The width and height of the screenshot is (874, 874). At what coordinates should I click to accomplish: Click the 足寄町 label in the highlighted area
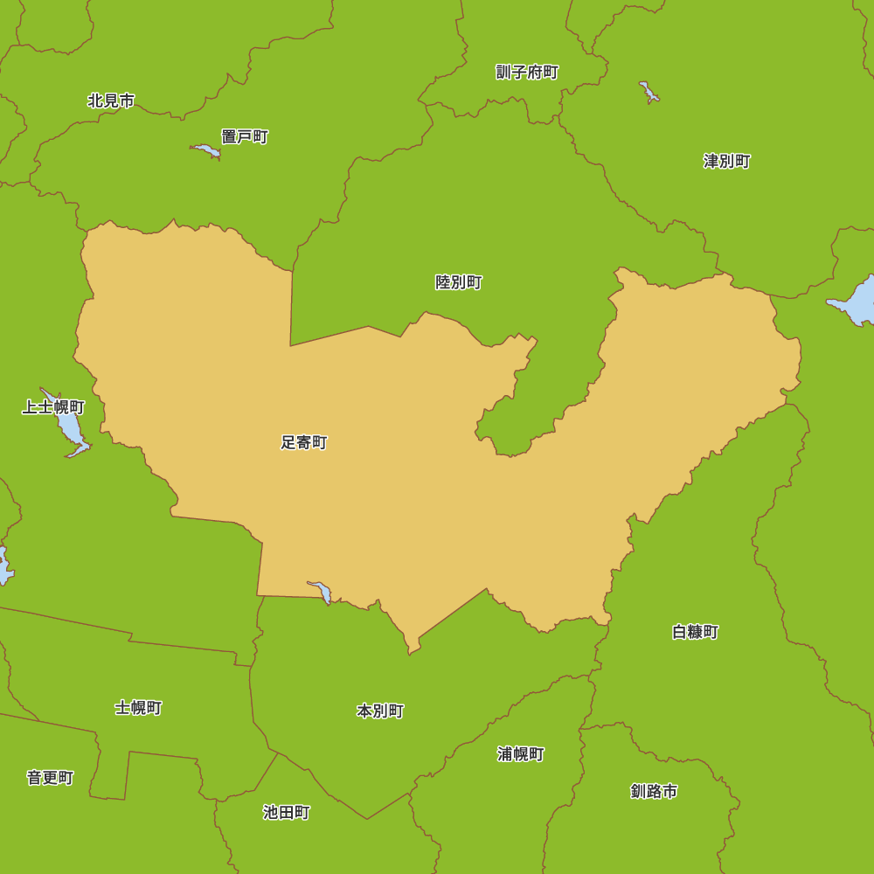pos(303,443)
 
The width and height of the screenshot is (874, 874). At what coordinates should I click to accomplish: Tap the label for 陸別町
pos(459,282)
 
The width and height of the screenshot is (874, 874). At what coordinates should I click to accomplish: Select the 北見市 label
pos(111,101)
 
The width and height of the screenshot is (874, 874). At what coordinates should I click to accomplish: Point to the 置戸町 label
pos(245,137)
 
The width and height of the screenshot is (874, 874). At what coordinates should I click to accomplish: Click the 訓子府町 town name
pos(527,73)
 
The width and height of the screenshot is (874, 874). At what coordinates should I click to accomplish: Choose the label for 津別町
pos(727,162)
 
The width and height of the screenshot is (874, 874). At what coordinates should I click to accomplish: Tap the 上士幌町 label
pos(53,407)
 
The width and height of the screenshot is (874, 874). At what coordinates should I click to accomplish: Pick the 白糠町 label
pos(696,632)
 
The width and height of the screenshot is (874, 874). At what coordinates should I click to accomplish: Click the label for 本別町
pos(380,711)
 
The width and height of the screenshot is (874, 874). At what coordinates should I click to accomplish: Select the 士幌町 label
pos(138,708)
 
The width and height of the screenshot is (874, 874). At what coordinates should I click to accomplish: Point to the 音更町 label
pos(50,778)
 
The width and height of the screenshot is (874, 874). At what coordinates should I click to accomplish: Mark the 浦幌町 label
pos(521,754)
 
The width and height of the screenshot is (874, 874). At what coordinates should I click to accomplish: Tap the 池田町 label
pos(287,813)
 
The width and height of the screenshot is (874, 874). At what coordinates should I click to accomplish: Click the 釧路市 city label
pos(654,792)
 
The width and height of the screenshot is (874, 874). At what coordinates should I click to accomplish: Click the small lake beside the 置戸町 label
pos(207,150)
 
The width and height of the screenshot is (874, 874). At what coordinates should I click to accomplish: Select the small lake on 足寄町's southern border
pos(321,591)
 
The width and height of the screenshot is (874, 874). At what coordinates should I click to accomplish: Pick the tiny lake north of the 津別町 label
pos(649,91)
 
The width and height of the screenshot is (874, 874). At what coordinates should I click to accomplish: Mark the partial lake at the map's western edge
pos(3,566)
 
